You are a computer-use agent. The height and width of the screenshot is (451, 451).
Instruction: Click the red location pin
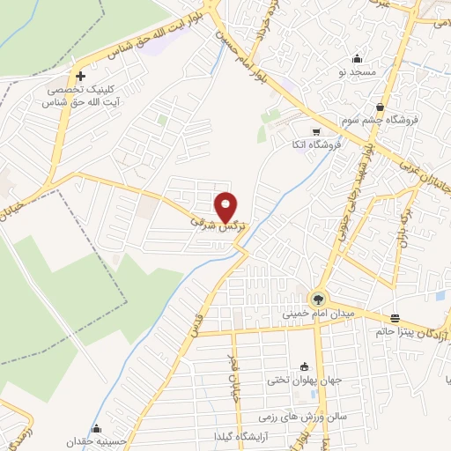tap(227, 206)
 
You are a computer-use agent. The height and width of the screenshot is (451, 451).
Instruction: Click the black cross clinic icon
tap(80, 76)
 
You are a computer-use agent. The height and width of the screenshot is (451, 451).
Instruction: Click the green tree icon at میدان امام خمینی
tap(319, 299)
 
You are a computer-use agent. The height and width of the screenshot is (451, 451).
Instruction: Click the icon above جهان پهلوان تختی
tap(305, 367)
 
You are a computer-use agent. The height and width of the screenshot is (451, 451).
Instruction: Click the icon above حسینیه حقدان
tap(96, 429)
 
